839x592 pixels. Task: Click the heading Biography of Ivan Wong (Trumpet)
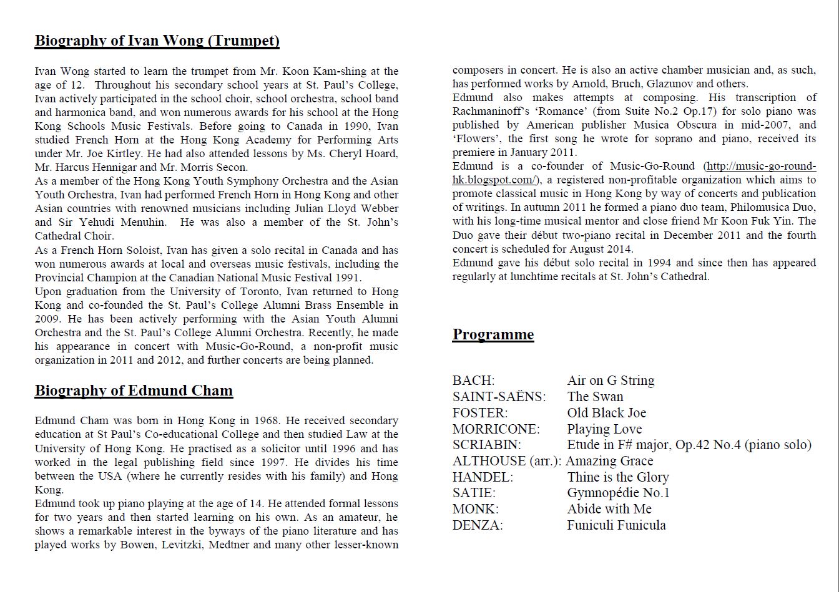click(x=157, y=41)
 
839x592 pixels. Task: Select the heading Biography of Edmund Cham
click(x=134, y=391)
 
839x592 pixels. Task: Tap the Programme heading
click(x=493, y=335)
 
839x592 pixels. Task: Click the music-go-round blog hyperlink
click(x=634, y=173)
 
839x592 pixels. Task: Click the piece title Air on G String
click(x=611, y=381)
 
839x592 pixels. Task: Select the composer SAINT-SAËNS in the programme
click(x=499, y=397)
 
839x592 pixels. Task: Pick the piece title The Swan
click(x=595, y=397)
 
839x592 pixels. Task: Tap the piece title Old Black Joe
click(x=606, y=413)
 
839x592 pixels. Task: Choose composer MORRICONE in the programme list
click(x=496, y=429)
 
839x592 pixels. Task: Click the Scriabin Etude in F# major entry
click(x=689, y=445)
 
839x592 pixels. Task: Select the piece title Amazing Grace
click(x=609, y=462)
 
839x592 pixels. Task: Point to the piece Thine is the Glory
click(x=617, y=478)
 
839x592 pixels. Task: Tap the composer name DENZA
click(x=478, y=525)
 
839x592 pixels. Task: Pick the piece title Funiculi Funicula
click(x=616, y=525)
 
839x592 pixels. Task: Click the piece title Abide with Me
click(x=609, y=509)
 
